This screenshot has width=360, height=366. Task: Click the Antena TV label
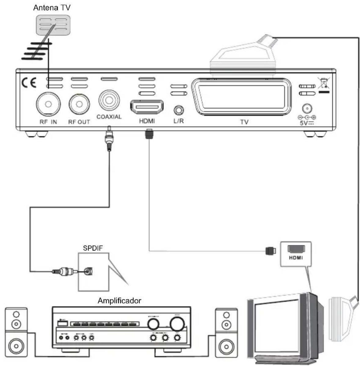click(52, 8)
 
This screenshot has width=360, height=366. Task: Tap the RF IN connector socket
click(48, 104)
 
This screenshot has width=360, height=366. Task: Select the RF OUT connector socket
click(79, 104)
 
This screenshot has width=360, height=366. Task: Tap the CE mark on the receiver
click(29, 83)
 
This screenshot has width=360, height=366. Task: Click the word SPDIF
click(93, 248)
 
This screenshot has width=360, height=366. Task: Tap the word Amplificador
click(119, 301)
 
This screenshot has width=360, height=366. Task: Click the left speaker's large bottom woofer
click(16, 346)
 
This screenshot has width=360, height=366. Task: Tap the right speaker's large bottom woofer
click(226, 346)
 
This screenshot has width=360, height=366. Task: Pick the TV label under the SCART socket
click(244, 122)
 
